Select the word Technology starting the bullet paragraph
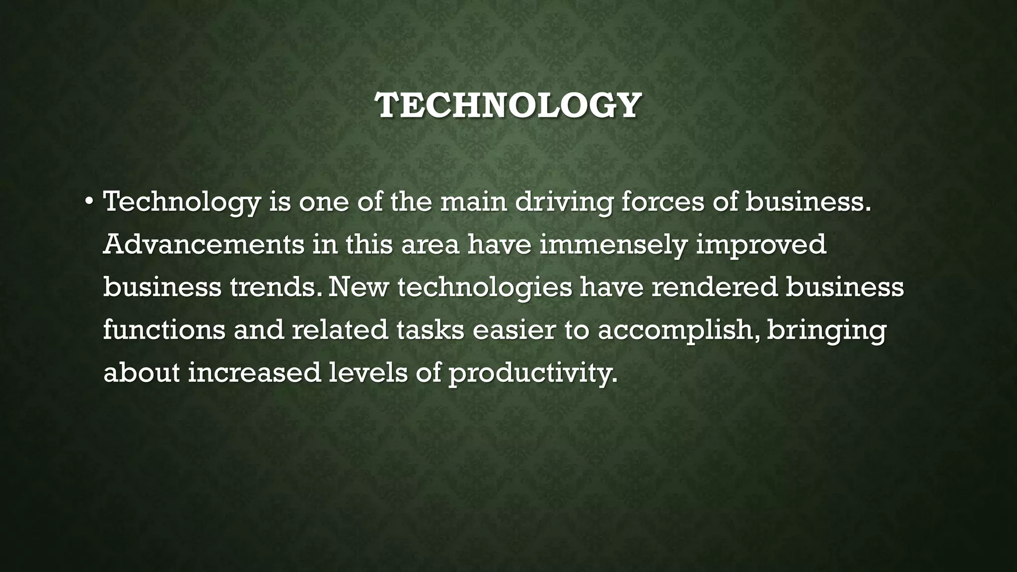click(x=182, y=203)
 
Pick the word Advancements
click(x=204, y=244)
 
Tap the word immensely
click(x=613, y=245)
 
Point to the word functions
click(x=164, y=330)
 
